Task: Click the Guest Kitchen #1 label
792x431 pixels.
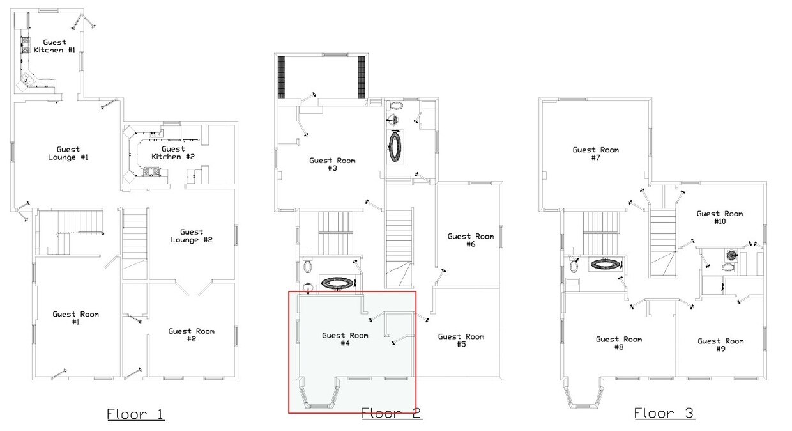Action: pyautogui.click(x=55, y=46)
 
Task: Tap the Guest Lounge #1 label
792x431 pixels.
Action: pyautogui.click(x=68, y=153)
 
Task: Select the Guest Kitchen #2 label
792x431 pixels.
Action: pyautogui.click(x=173, y=153)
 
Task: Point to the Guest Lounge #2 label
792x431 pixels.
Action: pyautogui.click(x=192, y=236)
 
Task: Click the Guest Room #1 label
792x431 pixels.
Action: pyautogui.click(x=75, y=318)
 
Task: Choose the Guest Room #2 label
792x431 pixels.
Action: pyautogui.click(x=191, y=334)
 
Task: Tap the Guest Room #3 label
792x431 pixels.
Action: pyautogui.click(x=332, y=164)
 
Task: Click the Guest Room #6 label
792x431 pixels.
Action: pyautogui.click(x=471, y=240)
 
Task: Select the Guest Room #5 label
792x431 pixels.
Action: pyautogui.click(x=461, y=340)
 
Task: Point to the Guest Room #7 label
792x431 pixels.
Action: pyautogui.click(x=596, y=153)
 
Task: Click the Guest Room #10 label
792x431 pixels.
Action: pyautogui.click(x=720, y=217)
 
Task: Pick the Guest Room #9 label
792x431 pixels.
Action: pyautogui.click(x=720, y=345)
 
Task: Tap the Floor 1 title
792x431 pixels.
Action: pyautogui.click(x=136, y=414)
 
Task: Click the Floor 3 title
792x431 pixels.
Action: pyautogui.click(x=664, y=413)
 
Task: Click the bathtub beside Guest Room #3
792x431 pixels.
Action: pyautogui.click(x=395, y=146)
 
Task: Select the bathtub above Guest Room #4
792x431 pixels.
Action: pyautogui.click(x=338, y=283)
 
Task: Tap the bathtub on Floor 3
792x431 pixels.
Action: pyautogui.click(x=605, y=263)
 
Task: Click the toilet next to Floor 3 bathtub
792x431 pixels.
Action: pyautogui.click(x=574, y=264)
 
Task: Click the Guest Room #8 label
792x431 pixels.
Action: pyautogui.click(x=619, y=343)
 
